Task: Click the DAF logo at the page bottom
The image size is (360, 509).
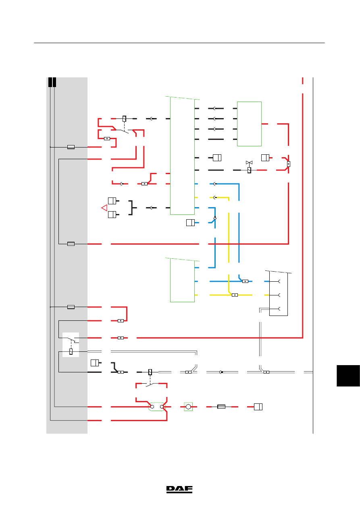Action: click(179, 490)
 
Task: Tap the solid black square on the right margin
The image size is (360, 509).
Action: click(348, 376)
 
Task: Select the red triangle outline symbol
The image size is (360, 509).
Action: click(104, 208)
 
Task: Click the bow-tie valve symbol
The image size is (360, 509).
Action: click(249, 163)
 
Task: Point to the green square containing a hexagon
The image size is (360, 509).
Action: click(188, 407)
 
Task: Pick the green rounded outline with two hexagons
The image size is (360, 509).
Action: click(157, 407)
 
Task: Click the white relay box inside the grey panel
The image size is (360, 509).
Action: click(71, 345)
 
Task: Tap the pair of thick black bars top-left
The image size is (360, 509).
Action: click(52, 82)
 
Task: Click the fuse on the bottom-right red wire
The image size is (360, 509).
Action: click(221, 407)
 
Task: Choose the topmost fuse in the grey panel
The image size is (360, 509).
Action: click(71, 147)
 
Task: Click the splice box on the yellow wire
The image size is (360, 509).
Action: click(235, 295)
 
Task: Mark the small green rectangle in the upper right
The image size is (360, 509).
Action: click(249, 124)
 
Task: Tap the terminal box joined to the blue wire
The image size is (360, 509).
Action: click(190, 223)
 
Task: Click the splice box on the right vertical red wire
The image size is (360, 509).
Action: click(289, 164)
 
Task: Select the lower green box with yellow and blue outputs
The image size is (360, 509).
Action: click(183, 280)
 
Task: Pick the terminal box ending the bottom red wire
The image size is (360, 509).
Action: click(258, 407)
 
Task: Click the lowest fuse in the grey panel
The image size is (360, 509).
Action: click(71, 307)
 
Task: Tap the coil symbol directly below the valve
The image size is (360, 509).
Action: click(249, 170)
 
